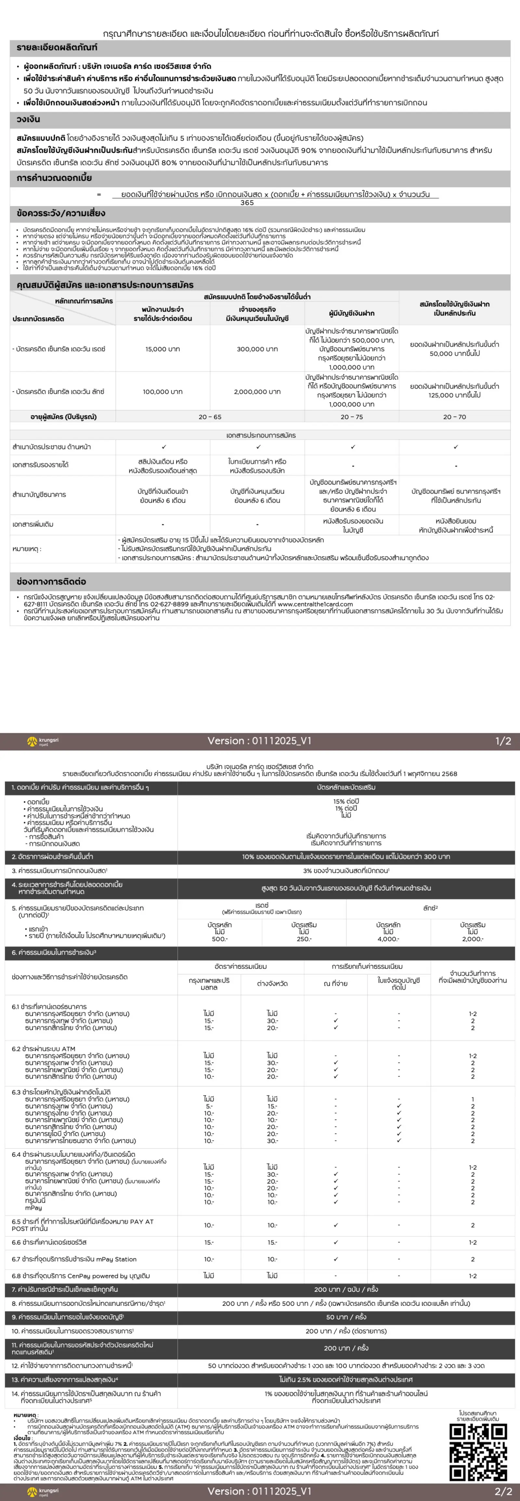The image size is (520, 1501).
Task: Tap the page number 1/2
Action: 503,741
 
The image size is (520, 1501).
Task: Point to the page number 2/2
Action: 503,1491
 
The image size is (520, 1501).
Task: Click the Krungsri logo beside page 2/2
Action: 43,1491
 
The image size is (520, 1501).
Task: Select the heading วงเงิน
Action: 29,119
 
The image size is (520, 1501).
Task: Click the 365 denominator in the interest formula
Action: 247,203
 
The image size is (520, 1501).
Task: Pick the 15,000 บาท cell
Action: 162,349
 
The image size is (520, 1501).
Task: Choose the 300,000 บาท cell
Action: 257,349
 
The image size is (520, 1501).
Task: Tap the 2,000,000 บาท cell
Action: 257,391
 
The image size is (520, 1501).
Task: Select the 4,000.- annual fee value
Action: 388,939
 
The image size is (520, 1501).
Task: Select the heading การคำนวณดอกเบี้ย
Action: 54,178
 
